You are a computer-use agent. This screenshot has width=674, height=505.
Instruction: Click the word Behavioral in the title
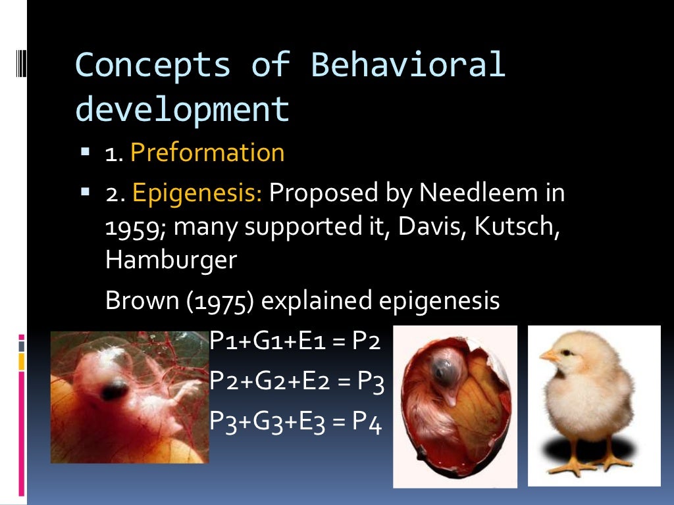pyautogui.click(x=407, y=65)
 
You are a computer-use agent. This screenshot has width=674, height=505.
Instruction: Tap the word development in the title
pyautogui.click(x=182, y=109)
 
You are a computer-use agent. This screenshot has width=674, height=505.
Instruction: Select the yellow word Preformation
pyautogui.click(x=207, y=153)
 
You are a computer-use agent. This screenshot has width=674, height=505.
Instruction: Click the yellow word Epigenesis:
pyautogui.click(x=197, y=193)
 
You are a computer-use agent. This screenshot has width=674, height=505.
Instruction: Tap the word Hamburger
pyautogui.click(x=170, y=260)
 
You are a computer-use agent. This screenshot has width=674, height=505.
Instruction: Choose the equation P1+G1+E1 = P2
pyautogui.click(x=295, y=341)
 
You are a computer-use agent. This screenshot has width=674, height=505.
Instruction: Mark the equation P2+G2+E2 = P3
pyautogui.click(x=296, y=381)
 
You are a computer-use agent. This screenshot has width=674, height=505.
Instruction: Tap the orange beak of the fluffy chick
pyautogui.click(x=548, y=356)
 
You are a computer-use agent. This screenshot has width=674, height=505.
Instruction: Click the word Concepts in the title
pyautogui.click(x=153, y=65)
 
